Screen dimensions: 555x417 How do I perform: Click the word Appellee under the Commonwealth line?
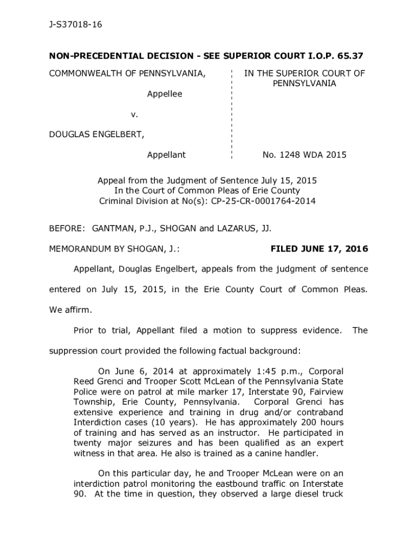point(165,94)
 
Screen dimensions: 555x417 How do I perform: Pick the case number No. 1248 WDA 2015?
point(304,155)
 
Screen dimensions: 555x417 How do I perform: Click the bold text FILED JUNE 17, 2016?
point(319,249)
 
